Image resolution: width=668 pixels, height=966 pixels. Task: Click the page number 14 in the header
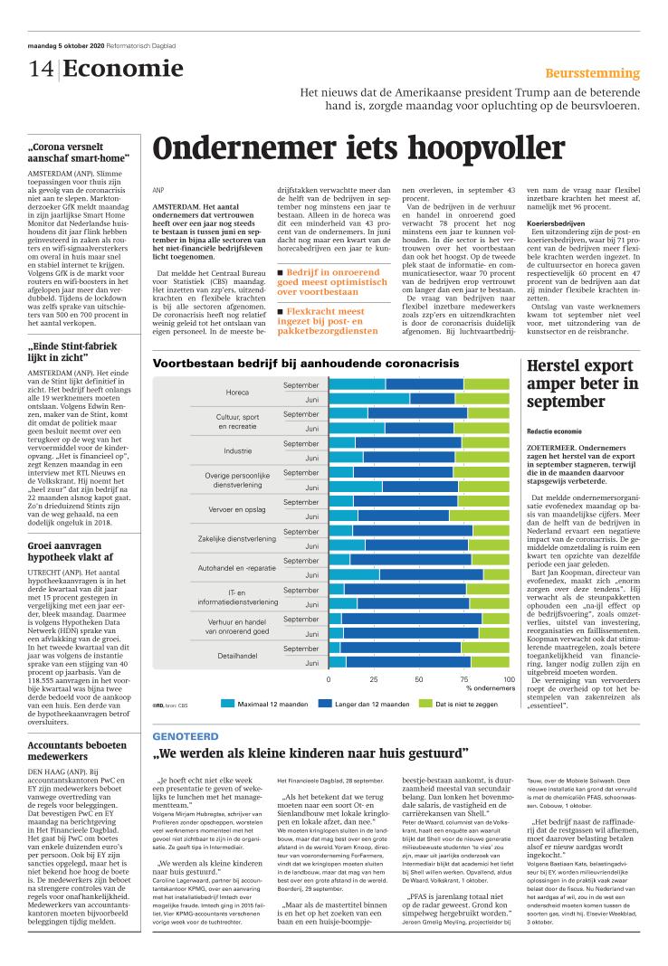tap(40, 70)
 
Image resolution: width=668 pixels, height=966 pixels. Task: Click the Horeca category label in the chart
tap(237, 393)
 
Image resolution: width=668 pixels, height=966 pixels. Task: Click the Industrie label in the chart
tap(237, 450)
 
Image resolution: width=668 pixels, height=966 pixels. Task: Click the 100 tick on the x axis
tap(508, 678)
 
